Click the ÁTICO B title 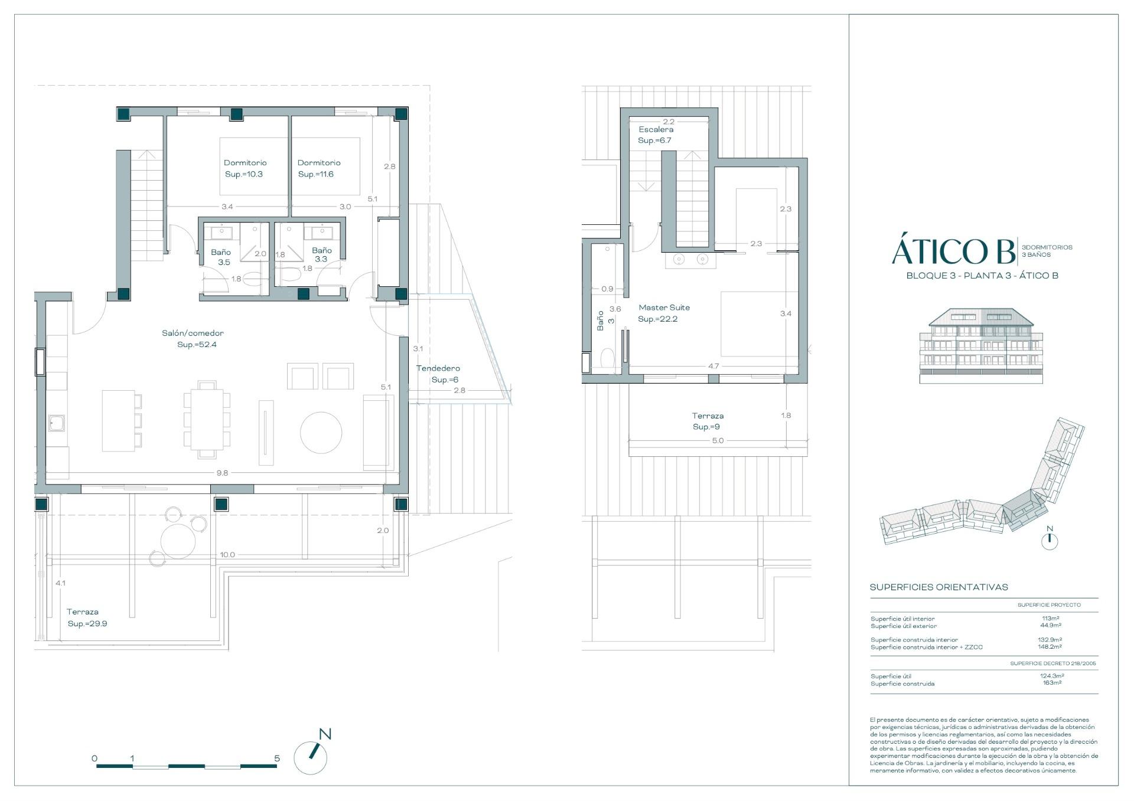952,252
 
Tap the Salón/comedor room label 193,334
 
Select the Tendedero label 438,368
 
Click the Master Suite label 664,308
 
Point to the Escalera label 656,129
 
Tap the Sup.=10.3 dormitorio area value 244,174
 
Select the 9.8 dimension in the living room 222,473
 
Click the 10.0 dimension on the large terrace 227,555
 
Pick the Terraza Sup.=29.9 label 87,617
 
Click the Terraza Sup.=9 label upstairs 707,421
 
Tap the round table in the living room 321,433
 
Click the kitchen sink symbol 57,423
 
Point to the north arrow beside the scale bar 312,755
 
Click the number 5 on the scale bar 277,759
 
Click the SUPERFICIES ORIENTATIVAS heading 938,587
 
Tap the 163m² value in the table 1052,683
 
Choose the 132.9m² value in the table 1051,640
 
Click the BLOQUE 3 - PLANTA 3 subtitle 982,276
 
